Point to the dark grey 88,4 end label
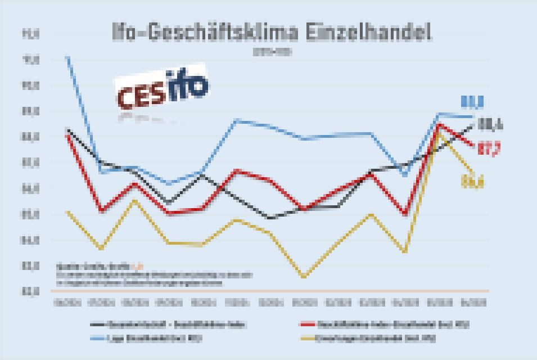click(x=490, y=124)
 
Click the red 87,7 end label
click(x=489, y=149)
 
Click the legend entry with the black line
click(x=169, y=325)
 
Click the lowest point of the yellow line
click(x=304, y=277)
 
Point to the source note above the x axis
click(x=152, y=274)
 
